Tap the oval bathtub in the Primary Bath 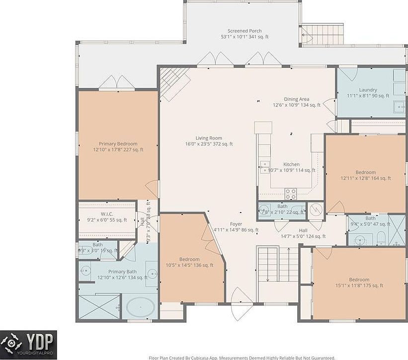[x=140, y=307]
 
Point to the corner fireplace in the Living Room [x=174, y=82]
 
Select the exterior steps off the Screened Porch [x=323, y=34]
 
